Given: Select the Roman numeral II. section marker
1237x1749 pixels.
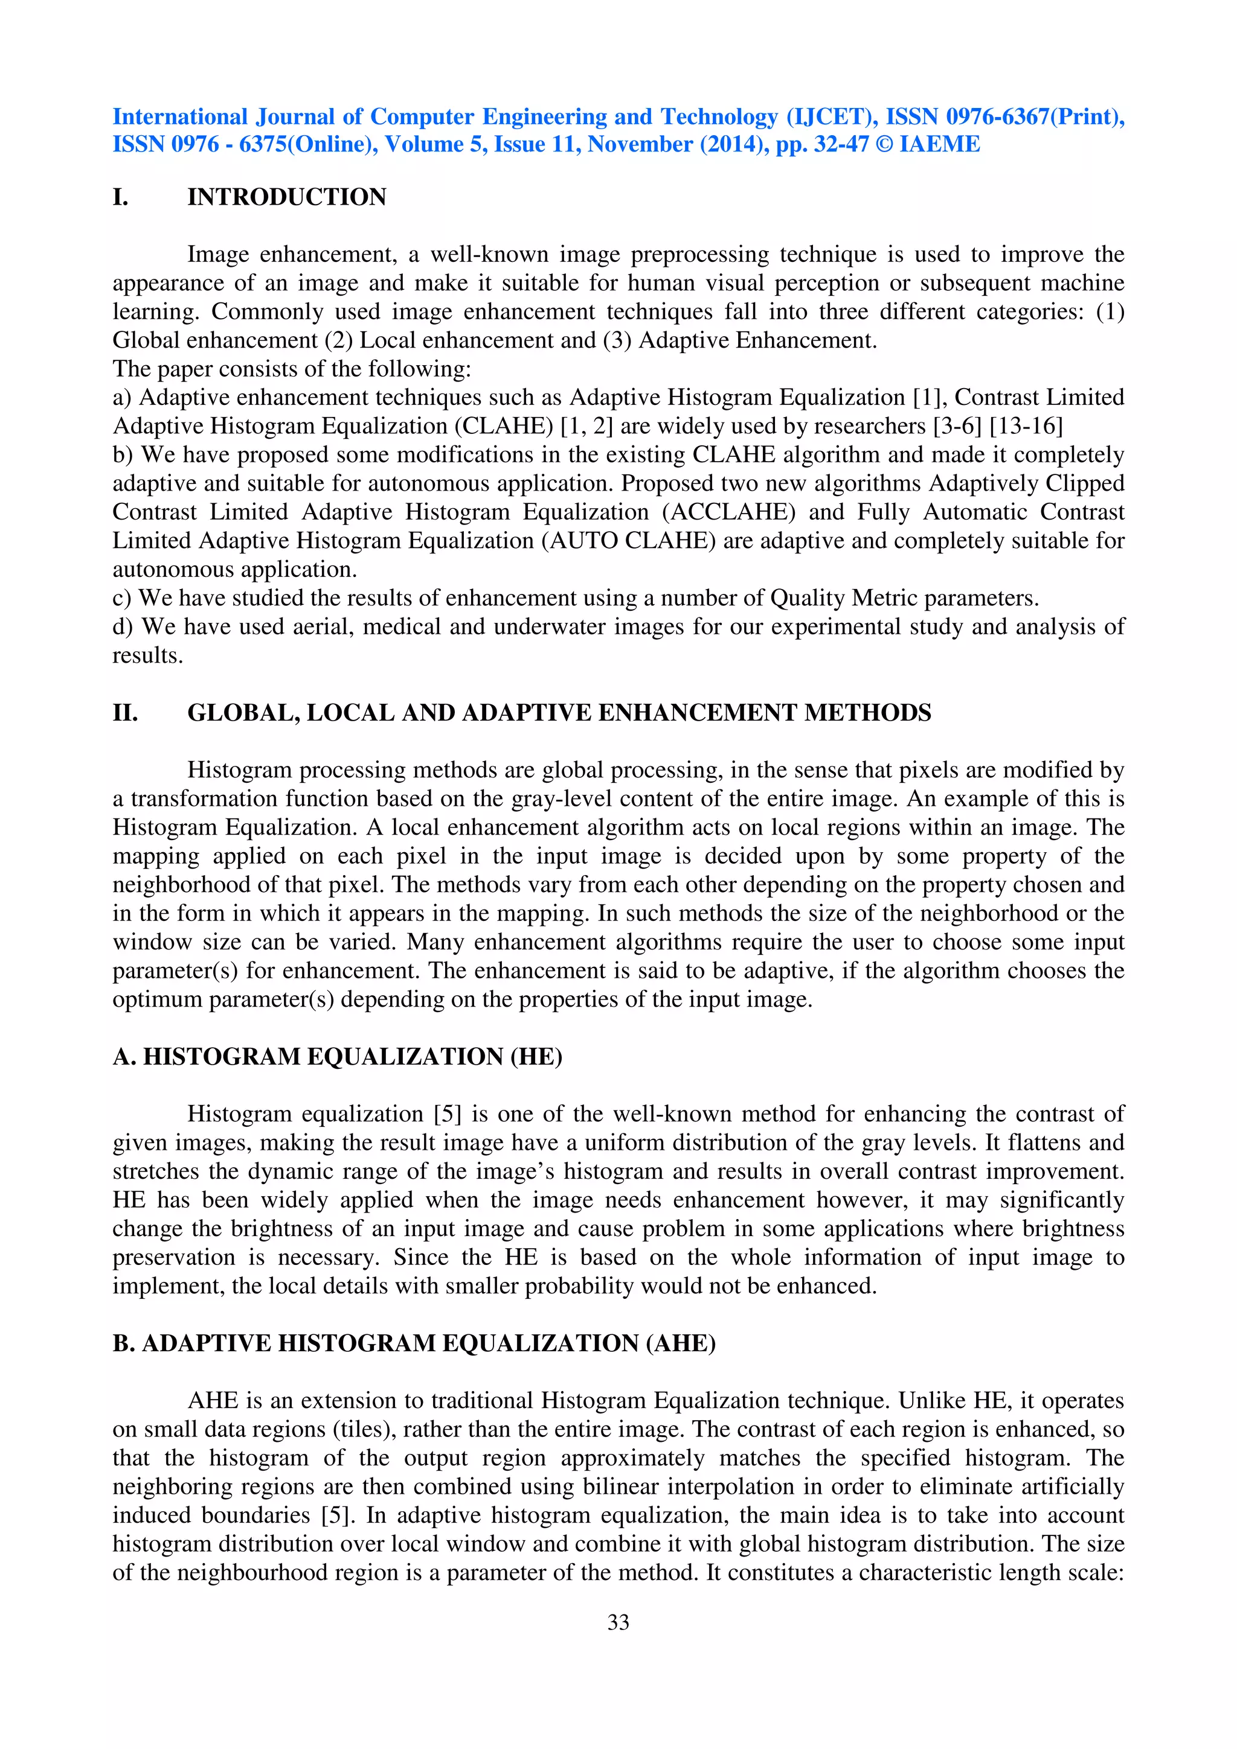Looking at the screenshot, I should click(x=126, y=713).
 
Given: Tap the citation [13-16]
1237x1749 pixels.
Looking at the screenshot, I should click(x=1026, y=426).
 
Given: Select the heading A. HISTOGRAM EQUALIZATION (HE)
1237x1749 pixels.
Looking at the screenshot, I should click(x=338, y=1057).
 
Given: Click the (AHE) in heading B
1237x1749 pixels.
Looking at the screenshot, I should click(x=681, y=1343).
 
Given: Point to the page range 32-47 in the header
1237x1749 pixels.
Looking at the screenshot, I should click(x=841, y=145).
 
